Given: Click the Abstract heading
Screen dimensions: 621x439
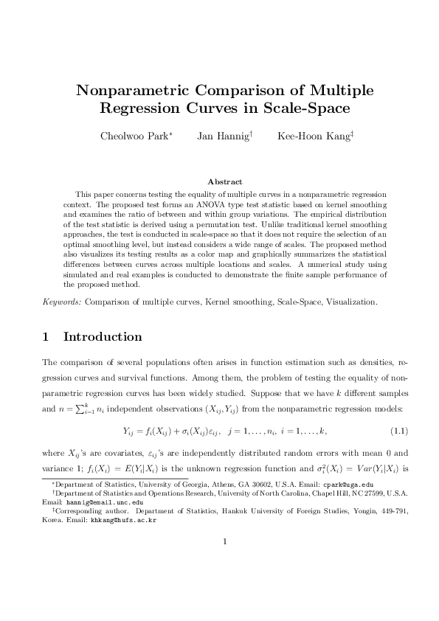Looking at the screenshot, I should (219, 181).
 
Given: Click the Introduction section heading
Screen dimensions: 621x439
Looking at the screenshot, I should (103, 337).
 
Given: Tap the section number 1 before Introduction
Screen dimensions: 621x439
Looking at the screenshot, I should (46, 337).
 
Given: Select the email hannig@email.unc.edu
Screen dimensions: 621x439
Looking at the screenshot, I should (97, 501).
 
